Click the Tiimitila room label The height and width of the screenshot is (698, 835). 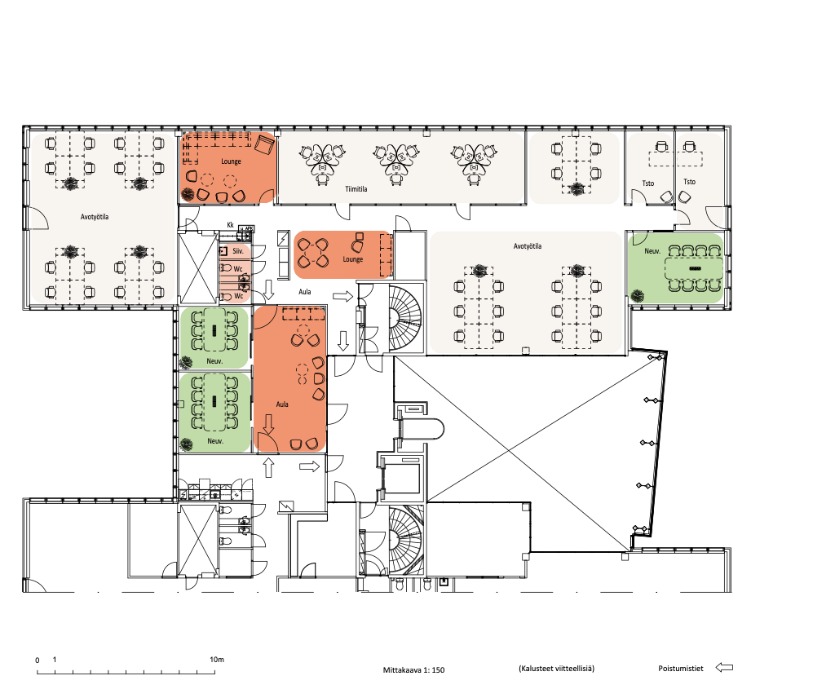click(x=356, y=189)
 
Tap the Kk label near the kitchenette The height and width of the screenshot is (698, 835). click(x=231, y=225)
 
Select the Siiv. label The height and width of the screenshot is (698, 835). click(x=238, y=251)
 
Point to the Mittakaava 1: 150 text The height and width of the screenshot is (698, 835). click(x=413, y=669)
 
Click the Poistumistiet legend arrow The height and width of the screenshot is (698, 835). click(x=724, y=667)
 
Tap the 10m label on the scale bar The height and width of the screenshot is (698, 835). click(x=217, y=659)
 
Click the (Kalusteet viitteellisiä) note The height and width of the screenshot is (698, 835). click(x=556, y=668)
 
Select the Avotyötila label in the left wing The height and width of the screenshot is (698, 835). click(x=95, y=217)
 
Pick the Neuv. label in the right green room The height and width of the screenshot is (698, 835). click(x=652, y=251)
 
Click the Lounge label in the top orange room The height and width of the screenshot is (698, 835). click(x=231, y=161)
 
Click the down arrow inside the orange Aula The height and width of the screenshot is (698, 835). click(x=268, y=424)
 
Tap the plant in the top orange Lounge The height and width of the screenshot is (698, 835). click(x=188, y=194)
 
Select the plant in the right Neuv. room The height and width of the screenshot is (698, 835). click(x=637, y=295)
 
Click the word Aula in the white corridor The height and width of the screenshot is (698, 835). click(x=305, y=292)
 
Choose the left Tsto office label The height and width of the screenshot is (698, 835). click(x=648, y=183)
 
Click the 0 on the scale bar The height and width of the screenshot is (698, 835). click(x=38, y=660)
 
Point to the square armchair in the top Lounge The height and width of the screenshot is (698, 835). click(x=264, y=144)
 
